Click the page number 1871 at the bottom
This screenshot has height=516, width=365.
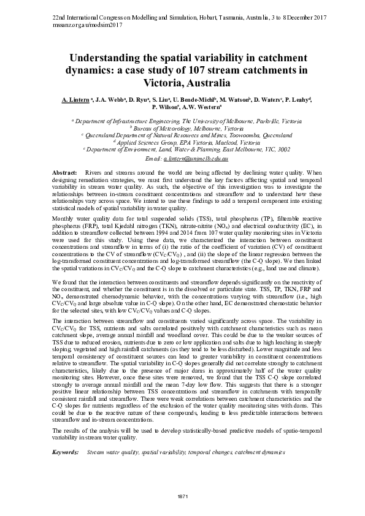pyautogui.click(x=182, y=495)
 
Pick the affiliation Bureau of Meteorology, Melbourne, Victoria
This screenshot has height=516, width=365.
pyautogui.click(x=182, y=129)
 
